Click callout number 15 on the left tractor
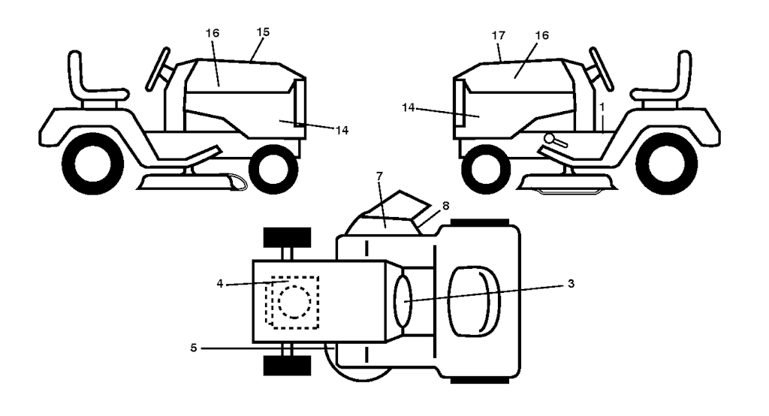point(263,32)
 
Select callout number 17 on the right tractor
point(499,35)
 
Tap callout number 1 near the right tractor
point(602,107)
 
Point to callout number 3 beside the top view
point(571,284)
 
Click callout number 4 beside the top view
point(220,284)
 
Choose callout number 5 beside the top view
point(194,348)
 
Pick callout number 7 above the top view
point(379,176)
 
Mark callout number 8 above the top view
point(445,206)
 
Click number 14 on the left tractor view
point(342,131)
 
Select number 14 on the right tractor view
point(408,107)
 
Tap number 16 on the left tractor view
point(213,33)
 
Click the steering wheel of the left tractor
point(158,69)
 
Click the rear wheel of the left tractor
point(93,164)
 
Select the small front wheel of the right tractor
point(487,170)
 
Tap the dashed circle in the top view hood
point(294,302)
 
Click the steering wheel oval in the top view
point(403,300)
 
